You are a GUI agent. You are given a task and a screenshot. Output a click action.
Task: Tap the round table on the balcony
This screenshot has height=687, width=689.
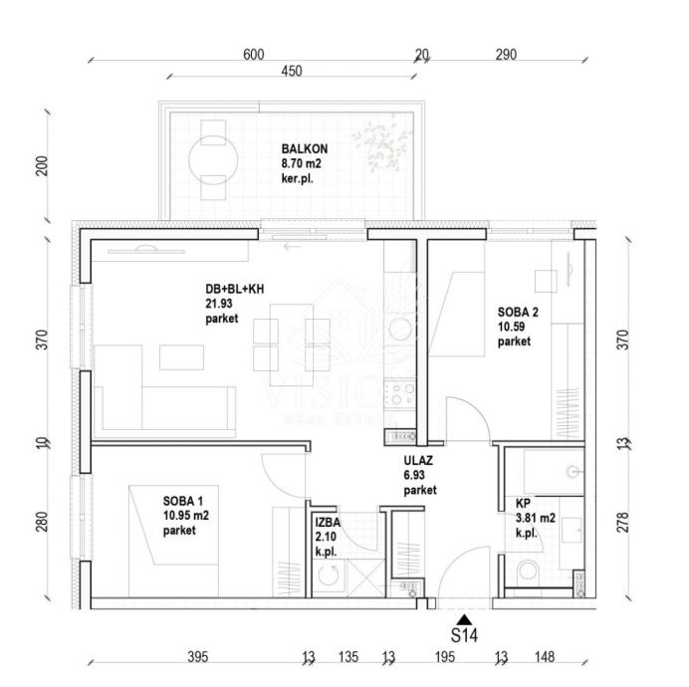click(x=213, y=158)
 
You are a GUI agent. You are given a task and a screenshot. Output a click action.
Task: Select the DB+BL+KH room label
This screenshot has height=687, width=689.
click(x=234, y=290)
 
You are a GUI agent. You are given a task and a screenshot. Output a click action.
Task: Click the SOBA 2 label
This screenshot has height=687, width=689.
click(x=518, y=313)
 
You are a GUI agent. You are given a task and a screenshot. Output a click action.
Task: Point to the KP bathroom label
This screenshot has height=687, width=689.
click(x=523, y=504)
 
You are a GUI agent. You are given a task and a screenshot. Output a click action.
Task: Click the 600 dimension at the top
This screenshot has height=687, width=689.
click(x=254, y=55)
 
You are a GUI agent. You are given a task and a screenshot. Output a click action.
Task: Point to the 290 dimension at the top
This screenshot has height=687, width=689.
click(x=506, y=55)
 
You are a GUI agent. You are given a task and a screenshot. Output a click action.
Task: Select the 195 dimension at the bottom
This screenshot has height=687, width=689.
click(x=444, y=657)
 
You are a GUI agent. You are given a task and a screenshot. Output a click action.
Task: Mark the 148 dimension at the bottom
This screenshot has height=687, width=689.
click(x=544, y=657)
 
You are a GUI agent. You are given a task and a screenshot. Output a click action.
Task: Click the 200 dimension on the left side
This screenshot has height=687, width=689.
click(x=42, y=165)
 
